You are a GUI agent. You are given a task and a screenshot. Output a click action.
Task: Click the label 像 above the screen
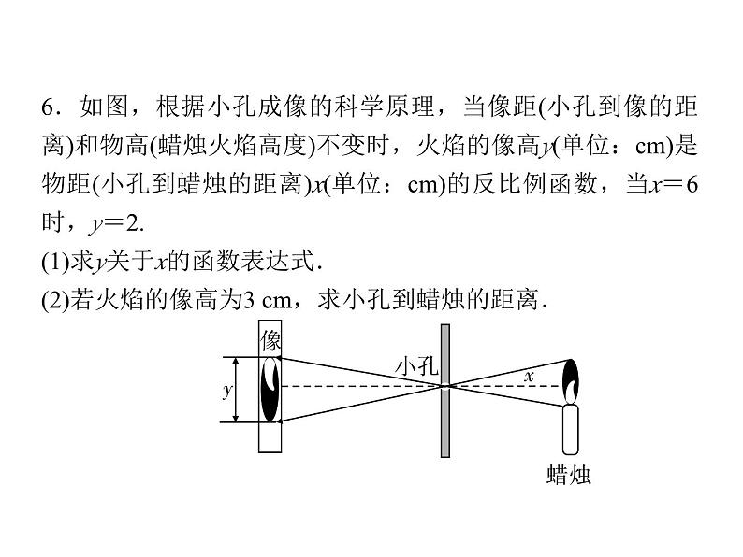(271, 337)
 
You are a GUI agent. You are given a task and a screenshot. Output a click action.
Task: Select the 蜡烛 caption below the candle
(569, 475)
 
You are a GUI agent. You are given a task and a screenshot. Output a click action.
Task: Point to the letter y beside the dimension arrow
(226, 391)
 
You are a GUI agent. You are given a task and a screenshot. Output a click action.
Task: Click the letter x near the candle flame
(529, 376)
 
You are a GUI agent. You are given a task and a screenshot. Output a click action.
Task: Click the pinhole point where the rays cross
(446, 385)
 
